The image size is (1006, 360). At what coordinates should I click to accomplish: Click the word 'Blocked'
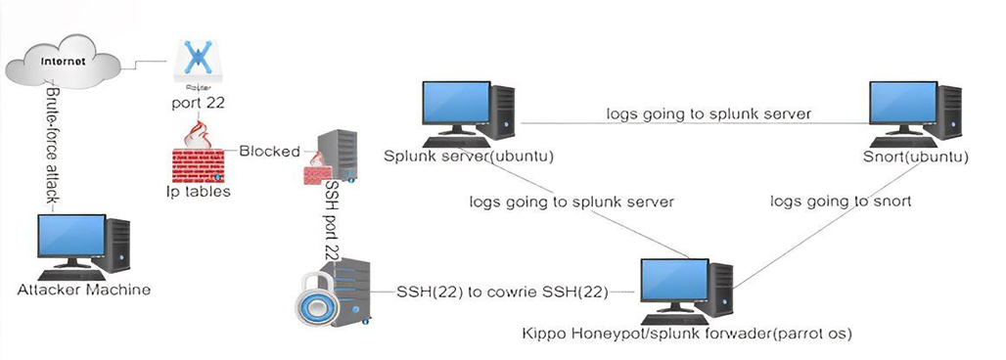tap(268, 151)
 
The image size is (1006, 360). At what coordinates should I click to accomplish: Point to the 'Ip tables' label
tap(198, 192)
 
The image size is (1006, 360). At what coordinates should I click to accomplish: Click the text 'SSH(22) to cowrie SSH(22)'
tap(504, 292)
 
